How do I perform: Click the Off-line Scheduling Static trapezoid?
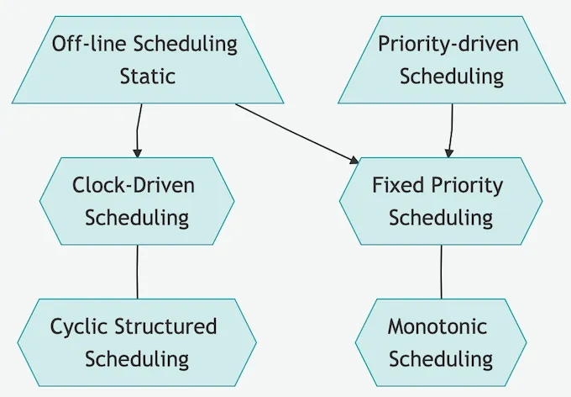(145, 60)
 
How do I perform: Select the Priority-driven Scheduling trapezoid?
(451, 60)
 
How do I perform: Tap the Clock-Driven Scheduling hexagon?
(137, 201)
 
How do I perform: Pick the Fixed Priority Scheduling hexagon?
(441, 201)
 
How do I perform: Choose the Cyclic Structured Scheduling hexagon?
(137, 342)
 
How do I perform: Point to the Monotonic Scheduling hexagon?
(441, 342)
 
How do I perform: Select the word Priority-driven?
(448, 44)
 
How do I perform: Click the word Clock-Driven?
(133, 185)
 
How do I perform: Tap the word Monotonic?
(437, 326)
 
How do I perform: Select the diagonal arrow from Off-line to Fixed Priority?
(294, 131)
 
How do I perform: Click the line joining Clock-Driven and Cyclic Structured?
(137, 272)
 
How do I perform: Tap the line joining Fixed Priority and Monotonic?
(441, 272)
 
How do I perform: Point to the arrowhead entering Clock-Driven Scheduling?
(137, 153)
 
